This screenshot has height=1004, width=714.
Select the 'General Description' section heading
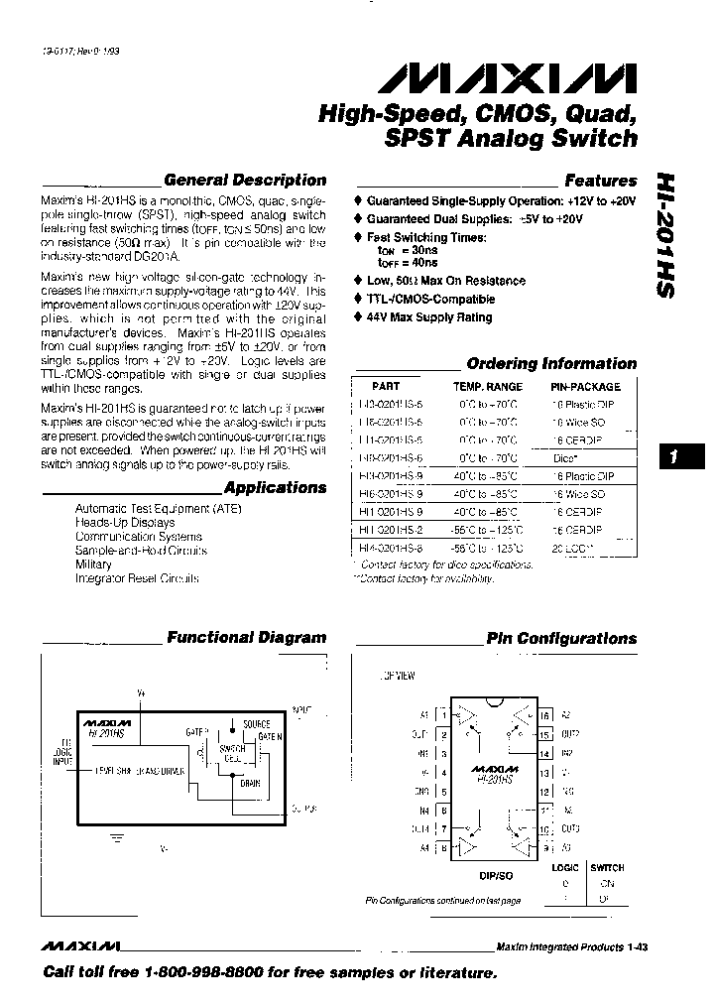(x=244, y=181)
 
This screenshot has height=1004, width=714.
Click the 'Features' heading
(x=600, y=181)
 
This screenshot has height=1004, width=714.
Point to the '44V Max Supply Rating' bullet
(x=429, y=317)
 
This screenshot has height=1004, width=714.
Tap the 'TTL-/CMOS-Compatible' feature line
(x=430, y=299)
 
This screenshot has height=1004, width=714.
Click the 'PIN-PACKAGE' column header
(x=585, y=386)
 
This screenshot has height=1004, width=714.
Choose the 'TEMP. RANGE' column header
(x=488, y=386)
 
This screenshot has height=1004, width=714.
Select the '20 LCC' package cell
(x=571, y=547)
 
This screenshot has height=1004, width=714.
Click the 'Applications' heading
(x=275, y=488)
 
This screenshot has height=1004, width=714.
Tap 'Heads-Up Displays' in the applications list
(x=125, y=522)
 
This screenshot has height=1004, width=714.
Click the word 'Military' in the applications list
(x=93, y=564)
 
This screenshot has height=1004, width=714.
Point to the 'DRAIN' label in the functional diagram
(x=250, y=781)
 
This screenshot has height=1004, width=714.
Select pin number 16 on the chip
(x=544, y=714)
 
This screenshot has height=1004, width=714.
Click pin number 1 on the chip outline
(x=444, y=714)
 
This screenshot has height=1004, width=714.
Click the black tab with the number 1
(x=674, y=457)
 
